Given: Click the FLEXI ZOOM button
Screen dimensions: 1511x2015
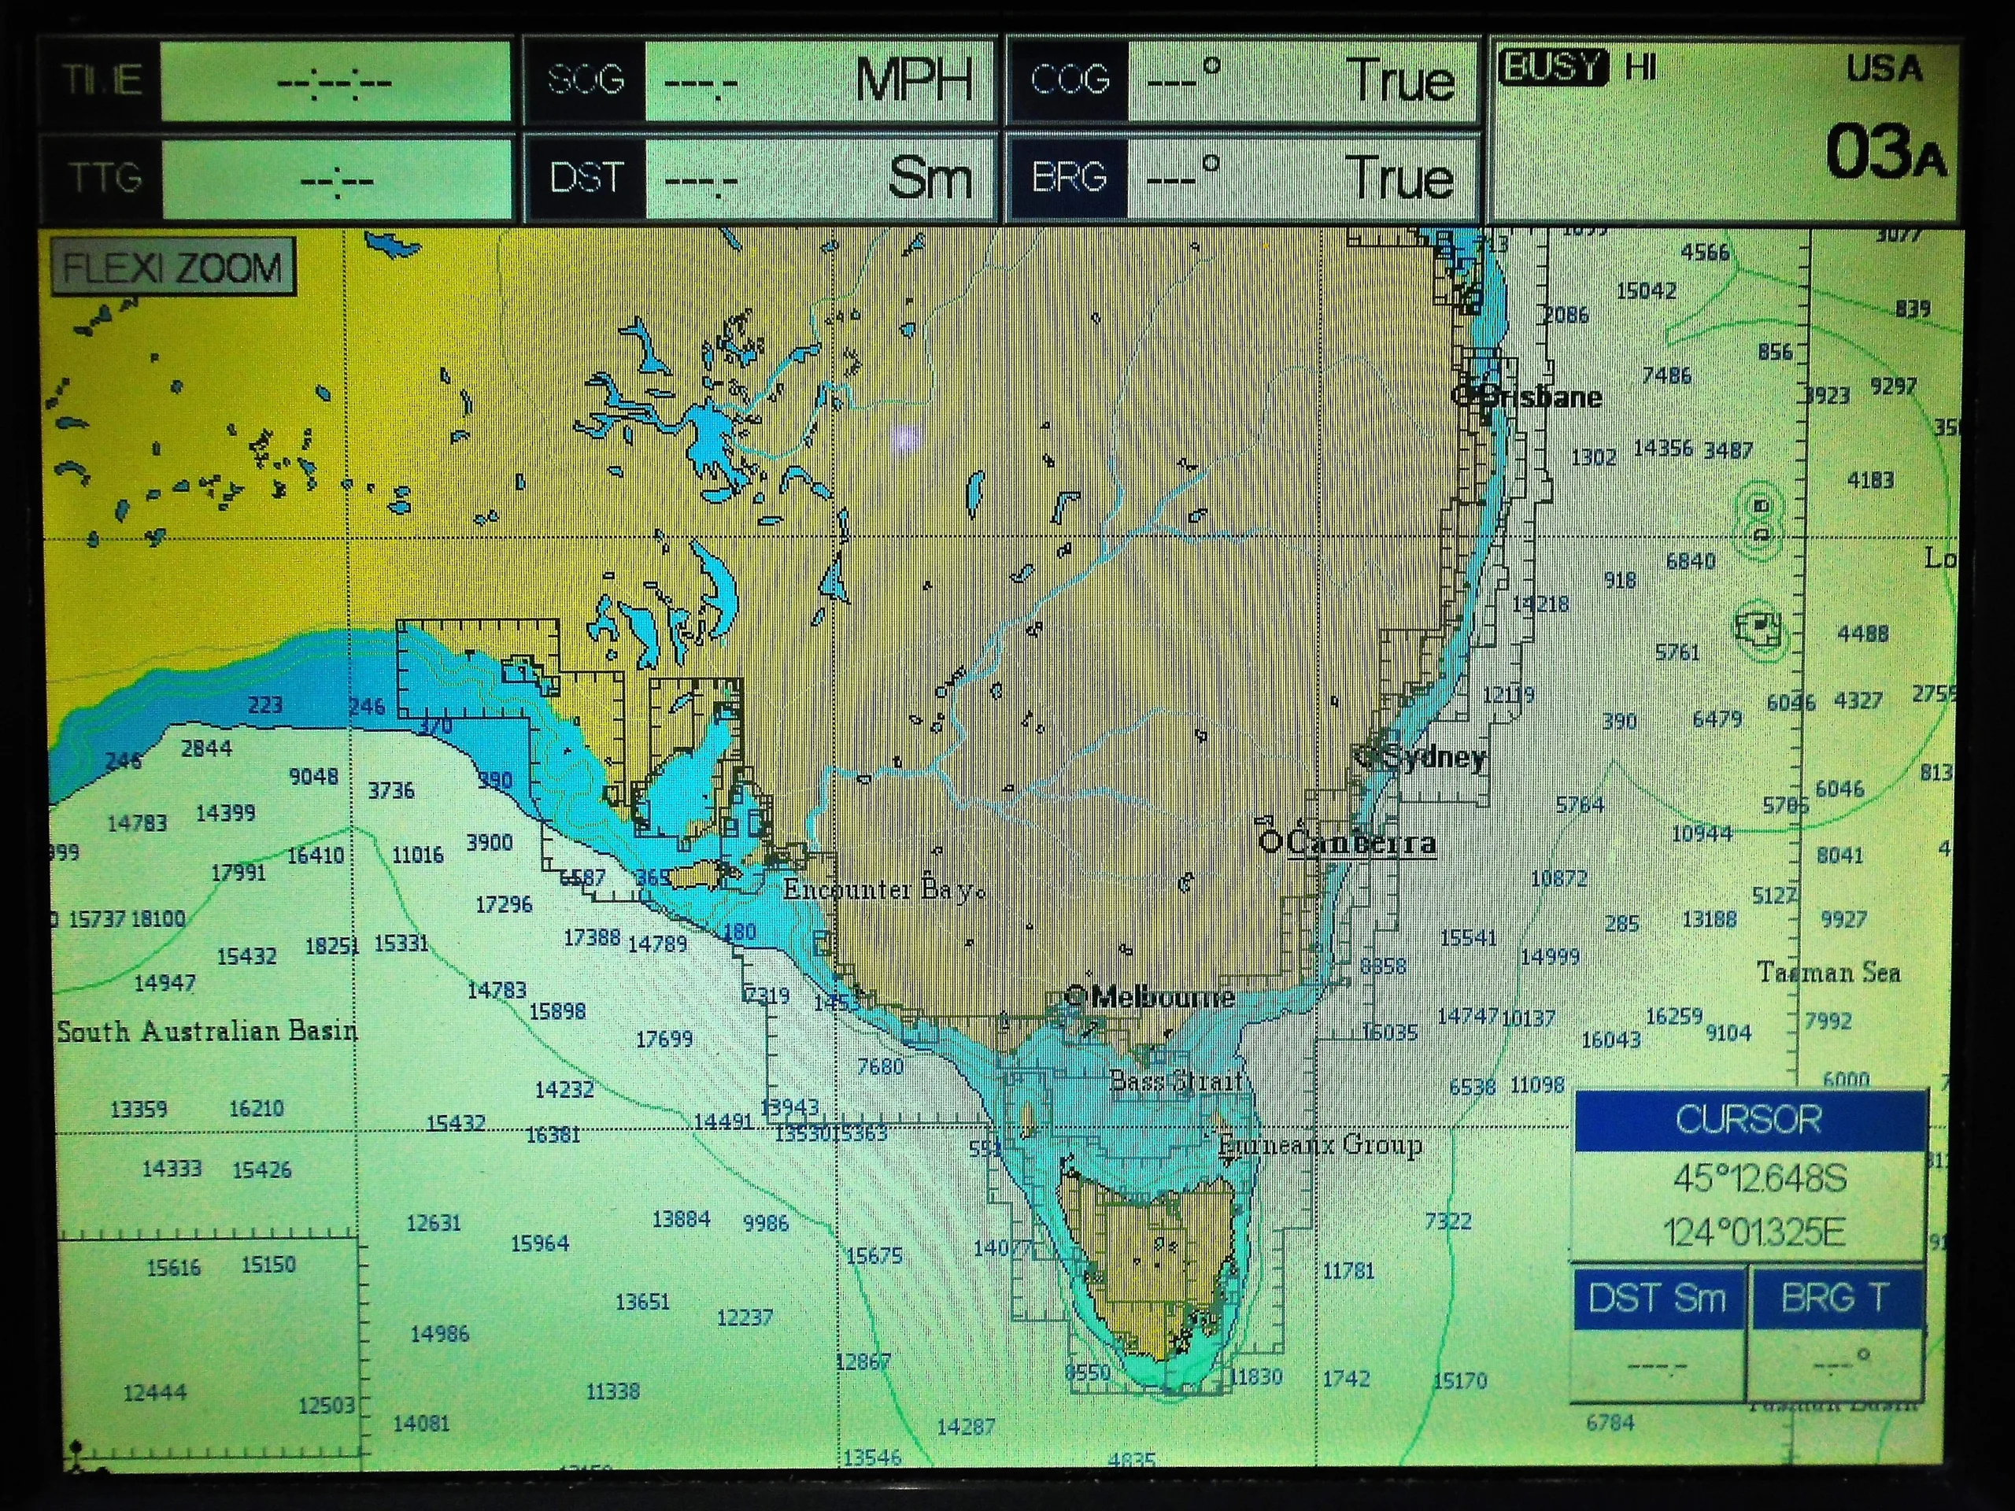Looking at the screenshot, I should coord(173,268).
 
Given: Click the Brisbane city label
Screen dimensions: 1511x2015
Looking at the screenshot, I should coord(1539,396).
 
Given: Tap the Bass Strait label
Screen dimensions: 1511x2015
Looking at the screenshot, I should coord(1176,1081).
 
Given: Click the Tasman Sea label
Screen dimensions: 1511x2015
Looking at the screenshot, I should coord(1828,973).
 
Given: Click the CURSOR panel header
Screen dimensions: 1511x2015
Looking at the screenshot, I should coord(1748,1119).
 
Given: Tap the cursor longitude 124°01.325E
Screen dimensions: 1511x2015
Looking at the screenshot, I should coord(1754,1233).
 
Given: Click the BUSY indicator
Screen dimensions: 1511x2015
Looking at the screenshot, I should coord(1552,68).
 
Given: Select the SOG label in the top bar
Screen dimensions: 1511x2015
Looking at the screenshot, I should coord(586,80).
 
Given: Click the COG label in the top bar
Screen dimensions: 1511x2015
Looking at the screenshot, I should coord(1069,80).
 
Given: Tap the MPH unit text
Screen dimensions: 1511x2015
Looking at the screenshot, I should coord(913,81).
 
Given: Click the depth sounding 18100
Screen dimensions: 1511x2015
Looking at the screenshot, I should coord(157,918).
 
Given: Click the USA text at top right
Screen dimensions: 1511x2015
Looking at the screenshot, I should coord(1884,69).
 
